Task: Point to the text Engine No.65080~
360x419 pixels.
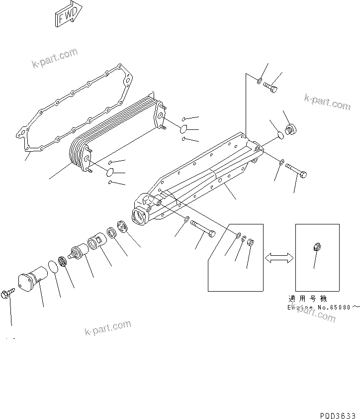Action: tap(323, 308)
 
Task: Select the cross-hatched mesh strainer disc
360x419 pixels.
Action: tap(63, 262)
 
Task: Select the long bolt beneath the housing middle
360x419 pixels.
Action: tap(204, 228)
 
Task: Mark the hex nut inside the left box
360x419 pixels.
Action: tap(251, 243)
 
